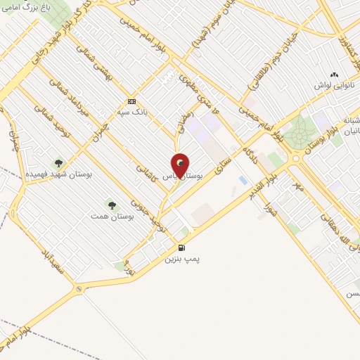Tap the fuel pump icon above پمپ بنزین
click(182, 247)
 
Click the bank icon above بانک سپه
click(131, 101)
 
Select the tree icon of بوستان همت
click(111, 205)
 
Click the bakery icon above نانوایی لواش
click(334, 74)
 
